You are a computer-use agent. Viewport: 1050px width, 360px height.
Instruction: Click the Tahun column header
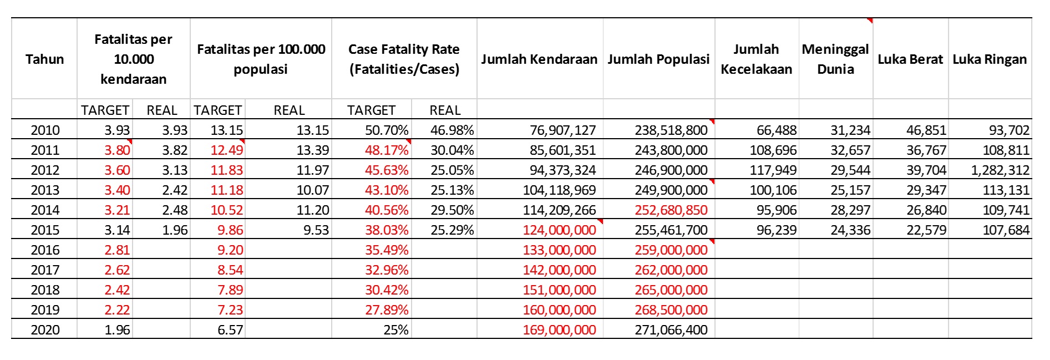click(x=44, y=59)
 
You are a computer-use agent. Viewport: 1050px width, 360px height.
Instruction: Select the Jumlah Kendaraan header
click(x=539, y=59)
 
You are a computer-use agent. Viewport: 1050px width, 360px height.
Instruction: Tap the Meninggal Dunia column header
click(x=835, y=59)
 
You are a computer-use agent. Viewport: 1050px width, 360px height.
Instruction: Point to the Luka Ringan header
click(x=990, y=59)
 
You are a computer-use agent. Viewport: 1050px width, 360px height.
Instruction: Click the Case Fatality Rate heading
click(x=404, y=59)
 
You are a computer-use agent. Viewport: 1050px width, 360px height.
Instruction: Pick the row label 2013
click(x=45, y=190)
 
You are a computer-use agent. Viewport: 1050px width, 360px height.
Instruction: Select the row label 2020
click(x=45, y=330)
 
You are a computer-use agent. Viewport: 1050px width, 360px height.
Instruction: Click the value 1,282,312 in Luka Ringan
click(x=1000, y=170)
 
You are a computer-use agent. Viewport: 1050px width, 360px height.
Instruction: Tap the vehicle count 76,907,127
click(x=562, y=130)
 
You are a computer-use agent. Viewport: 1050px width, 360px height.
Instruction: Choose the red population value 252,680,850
click(x=671, y=210)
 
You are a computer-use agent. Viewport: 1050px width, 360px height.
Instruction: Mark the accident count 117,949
click(x=773, y=170)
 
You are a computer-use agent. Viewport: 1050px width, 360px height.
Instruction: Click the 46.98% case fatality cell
click(x=452, y=130)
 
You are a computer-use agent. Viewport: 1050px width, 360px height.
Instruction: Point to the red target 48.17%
click(x=387, y=150)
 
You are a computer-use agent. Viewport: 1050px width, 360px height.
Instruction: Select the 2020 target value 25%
click(x=396, y=330)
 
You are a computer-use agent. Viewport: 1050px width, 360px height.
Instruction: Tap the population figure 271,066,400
click(x=671, y=330)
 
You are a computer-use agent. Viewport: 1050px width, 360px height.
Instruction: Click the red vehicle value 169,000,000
click(x=559, y=330)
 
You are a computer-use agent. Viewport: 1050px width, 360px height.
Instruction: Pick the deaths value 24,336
click(x=850, y=230)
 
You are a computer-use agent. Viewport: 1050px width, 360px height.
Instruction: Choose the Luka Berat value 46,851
click(x=926, y=130)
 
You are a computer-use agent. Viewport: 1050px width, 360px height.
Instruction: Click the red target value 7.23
click(x=230, y=310)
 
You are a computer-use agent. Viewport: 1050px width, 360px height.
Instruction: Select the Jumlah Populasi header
click(x=658, y=59)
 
